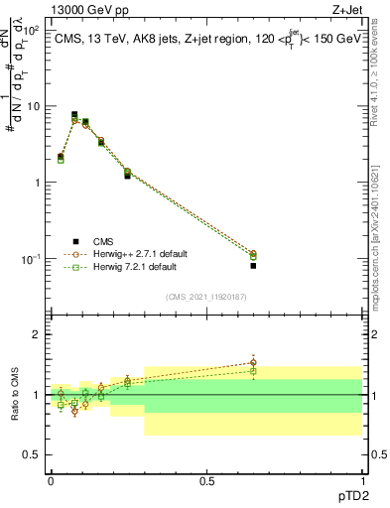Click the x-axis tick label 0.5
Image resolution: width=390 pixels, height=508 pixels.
pos(206,480)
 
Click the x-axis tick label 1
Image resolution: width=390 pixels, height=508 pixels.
pos(362,480)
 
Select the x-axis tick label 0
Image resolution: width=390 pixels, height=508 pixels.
pos(51,480)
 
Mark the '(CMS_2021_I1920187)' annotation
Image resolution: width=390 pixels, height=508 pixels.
pos(206,296)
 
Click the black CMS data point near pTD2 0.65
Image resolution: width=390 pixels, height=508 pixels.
pos(253,266)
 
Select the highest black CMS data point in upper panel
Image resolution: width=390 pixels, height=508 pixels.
pos(74,115)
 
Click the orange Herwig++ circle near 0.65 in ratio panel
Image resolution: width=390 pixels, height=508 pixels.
pos(253,363)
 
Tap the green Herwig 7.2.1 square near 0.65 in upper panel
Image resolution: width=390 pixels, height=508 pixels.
pos(253,257)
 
